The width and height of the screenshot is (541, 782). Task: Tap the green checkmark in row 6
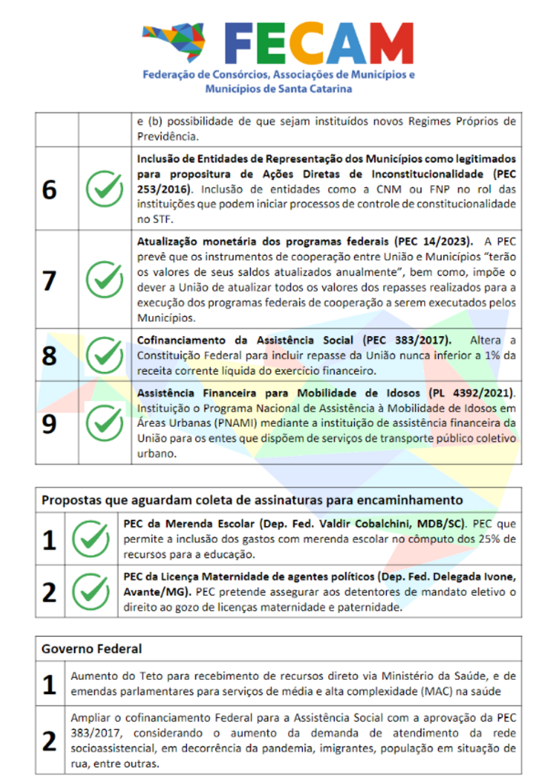coord(104,189)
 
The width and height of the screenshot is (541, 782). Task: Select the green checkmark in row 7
coord(104,280)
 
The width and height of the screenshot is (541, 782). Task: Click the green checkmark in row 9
coord(104,423)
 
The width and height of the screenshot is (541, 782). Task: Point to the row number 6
coord(50,189)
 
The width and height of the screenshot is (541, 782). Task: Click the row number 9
coord(50,423)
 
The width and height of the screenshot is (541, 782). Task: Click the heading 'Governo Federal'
coord(92,648)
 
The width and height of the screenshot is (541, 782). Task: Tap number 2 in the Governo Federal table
coord(50,741)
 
